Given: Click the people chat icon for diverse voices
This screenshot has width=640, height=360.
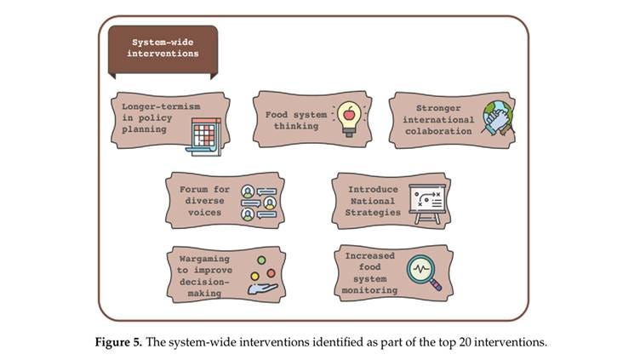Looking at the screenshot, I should pyautogui.click(x=259, y=202).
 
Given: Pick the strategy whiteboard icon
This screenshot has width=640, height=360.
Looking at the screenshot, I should pyautogui.click(x=426, y=203).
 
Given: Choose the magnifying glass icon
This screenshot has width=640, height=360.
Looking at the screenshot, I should pyautogui.click(x=426, y=272).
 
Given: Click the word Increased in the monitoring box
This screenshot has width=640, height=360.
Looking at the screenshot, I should pyautogui.click(x=370, y=255).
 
